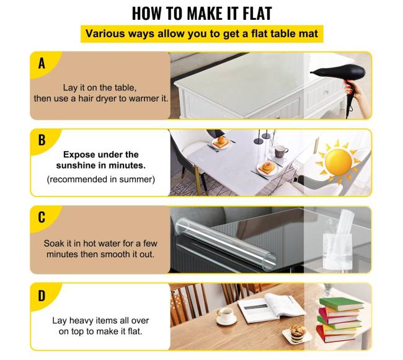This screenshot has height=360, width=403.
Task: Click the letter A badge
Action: point(42,63)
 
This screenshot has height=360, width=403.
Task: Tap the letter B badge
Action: point(42,140)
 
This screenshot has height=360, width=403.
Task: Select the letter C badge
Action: point(42,217)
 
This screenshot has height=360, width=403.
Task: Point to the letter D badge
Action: point(42,296)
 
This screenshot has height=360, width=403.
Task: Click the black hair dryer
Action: point(339,79)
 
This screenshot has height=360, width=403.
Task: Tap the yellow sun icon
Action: point(339,162)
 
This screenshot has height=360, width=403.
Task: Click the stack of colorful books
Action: point(340,320)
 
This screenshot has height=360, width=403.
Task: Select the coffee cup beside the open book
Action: point(226,315)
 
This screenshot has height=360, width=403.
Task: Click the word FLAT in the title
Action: point(257,14)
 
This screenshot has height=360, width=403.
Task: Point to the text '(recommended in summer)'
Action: point(100,179)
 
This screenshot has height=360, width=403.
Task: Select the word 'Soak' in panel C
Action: point(53,243)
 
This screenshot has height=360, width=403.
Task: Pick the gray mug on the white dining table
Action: point(281,151)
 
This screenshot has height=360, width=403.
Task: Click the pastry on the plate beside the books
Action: point(297,333)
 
